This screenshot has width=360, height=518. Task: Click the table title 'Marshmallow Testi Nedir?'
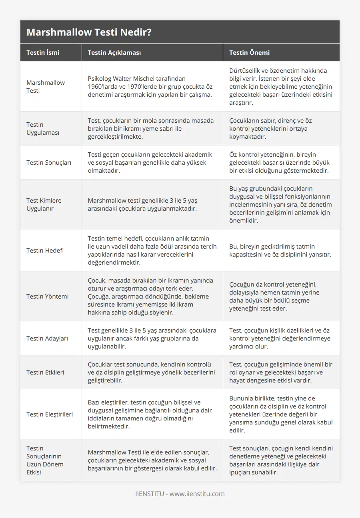[x=89, y=32]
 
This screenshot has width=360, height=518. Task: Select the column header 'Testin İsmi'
[x=42, y=52]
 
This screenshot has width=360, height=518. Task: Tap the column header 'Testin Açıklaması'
[x=114, y=52]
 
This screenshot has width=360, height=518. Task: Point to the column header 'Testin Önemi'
[x=249, y=52]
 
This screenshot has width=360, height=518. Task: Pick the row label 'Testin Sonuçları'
[x=49, y=162]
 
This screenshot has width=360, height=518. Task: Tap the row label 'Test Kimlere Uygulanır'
[x=44, y=204]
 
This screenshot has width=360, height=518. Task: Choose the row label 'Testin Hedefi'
[x=45, y=250]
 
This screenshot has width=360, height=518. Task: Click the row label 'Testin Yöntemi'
[x=47, y=296]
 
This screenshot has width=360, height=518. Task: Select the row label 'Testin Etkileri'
[x=45, y=372]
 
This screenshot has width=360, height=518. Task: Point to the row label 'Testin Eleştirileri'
[x=50, y=414]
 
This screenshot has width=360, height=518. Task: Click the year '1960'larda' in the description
[x=102, y=87]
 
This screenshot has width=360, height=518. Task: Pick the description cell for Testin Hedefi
[x=152, y=250]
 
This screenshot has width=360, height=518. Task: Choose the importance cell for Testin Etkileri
[x=281, y=372]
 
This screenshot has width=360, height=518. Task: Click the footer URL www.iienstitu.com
[x=197, y=494]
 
